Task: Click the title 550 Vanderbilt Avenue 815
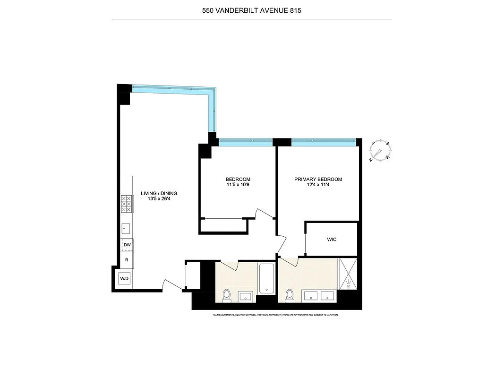pos(251,10)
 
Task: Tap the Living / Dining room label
pos(159,193)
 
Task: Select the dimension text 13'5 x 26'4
pos(159,198)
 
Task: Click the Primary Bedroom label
pos(318,179)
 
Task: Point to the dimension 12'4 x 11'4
pos(318,185)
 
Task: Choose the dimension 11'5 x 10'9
pos(238,185)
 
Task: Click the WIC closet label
pos(332,240)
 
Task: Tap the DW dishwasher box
pos(127,245)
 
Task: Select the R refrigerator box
pos(127,260)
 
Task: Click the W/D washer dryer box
pos(124,279)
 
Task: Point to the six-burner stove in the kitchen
pos(126,204)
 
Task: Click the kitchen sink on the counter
pos(126,228)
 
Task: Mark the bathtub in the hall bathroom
pos(266,278)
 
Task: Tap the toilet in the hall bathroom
pos(227,295)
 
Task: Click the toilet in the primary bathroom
pos(290,295)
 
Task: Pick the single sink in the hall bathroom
pos(246,296)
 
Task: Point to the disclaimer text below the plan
pos(275,315)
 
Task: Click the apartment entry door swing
pos(171,284)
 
